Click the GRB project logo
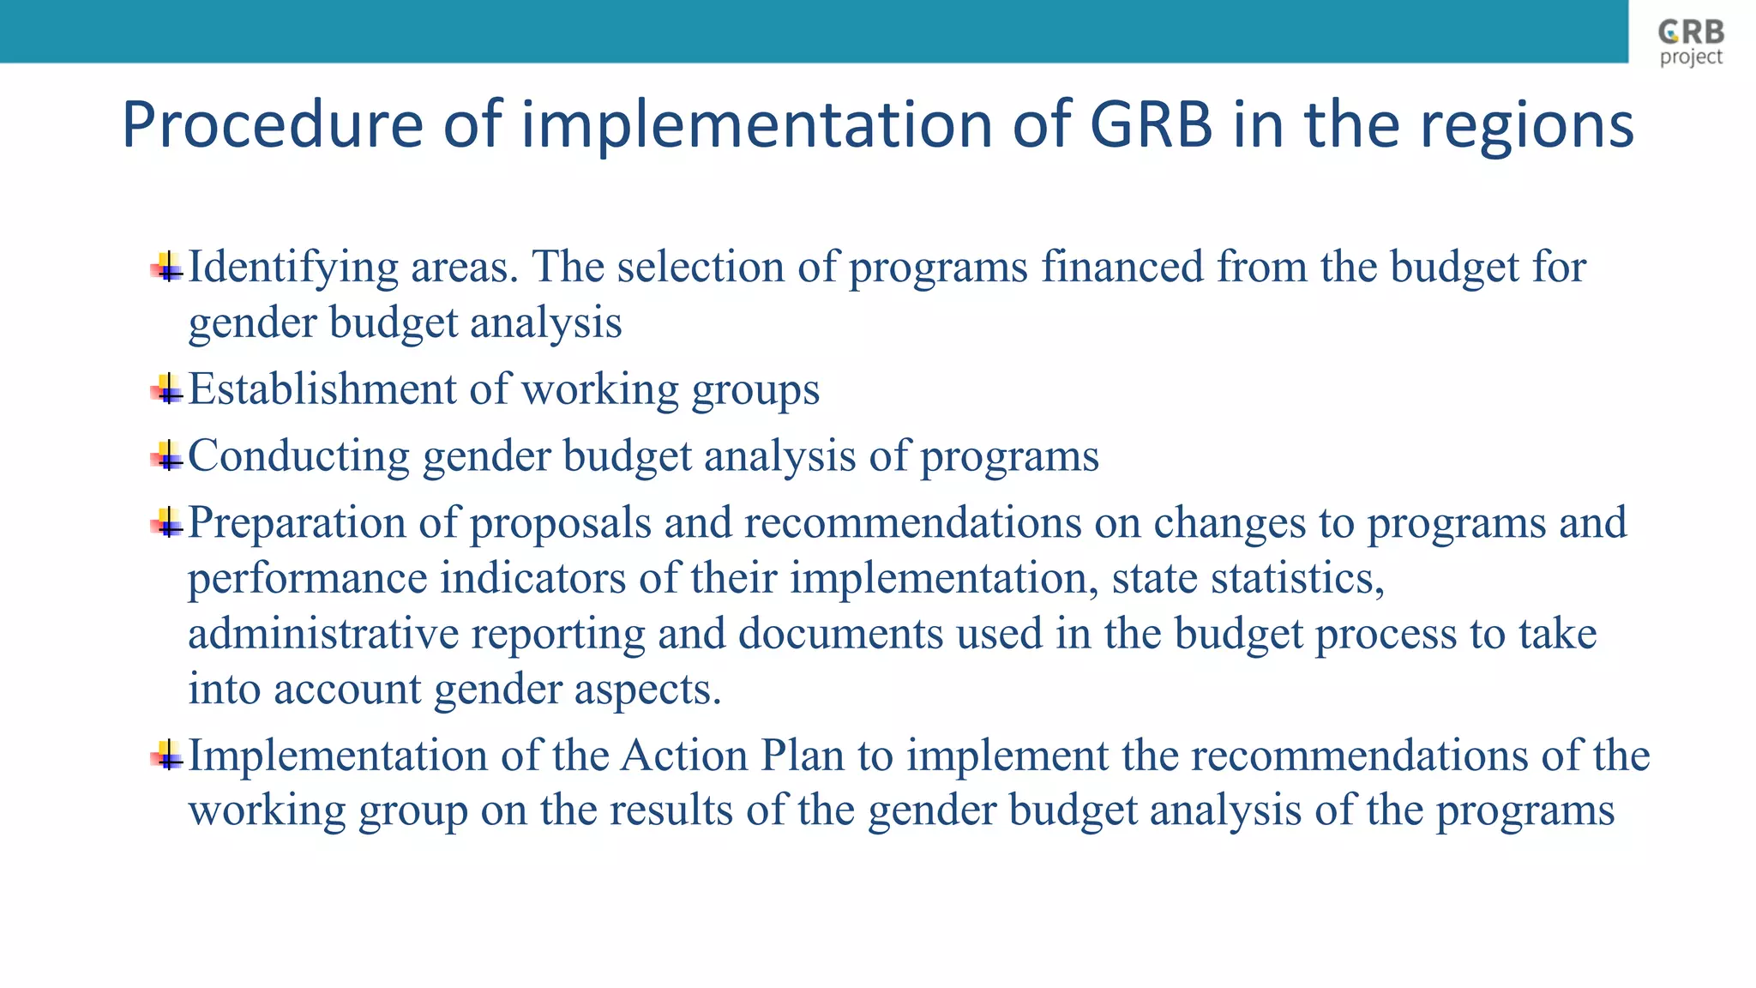click(1691, 42)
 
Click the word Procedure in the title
click(273, 125)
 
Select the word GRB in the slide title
click(1152, 125)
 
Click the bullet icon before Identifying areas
click(167, 267)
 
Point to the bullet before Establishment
click(167, 389)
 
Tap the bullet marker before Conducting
click(167, 455)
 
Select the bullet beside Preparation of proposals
click(167, 522)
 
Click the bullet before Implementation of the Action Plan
click(167, 756)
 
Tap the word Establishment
click(322, 389)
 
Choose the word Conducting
click(298, 455)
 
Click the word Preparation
click(297, 522)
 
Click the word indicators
click(532, 577)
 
